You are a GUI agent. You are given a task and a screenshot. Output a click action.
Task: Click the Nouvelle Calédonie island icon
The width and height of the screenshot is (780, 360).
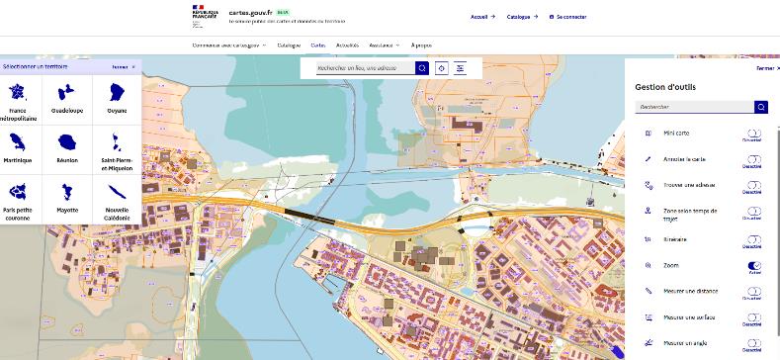point(117,189)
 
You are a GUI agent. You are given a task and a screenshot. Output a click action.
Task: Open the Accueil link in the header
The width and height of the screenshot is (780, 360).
point(481,17)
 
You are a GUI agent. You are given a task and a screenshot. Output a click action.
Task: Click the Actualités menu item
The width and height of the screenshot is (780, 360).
point(347,45)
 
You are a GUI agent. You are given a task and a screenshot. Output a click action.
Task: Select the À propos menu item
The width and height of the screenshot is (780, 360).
point(421,45)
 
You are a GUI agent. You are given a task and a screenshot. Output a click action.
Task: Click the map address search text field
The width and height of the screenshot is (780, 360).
point(365,68)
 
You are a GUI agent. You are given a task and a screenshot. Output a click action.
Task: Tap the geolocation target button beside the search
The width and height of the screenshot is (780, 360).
point(442,68)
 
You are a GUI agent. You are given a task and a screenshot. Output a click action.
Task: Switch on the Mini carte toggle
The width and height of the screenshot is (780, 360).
point(754,134)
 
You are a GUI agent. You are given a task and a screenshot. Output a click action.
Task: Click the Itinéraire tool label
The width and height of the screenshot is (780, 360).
point(676,239)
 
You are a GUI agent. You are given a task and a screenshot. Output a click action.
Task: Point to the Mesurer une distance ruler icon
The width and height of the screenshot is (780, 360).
point(648,292)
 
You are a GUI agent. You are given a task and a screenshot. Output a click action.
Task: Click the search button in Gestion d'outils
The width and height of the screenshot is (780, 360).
point(761,107)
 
